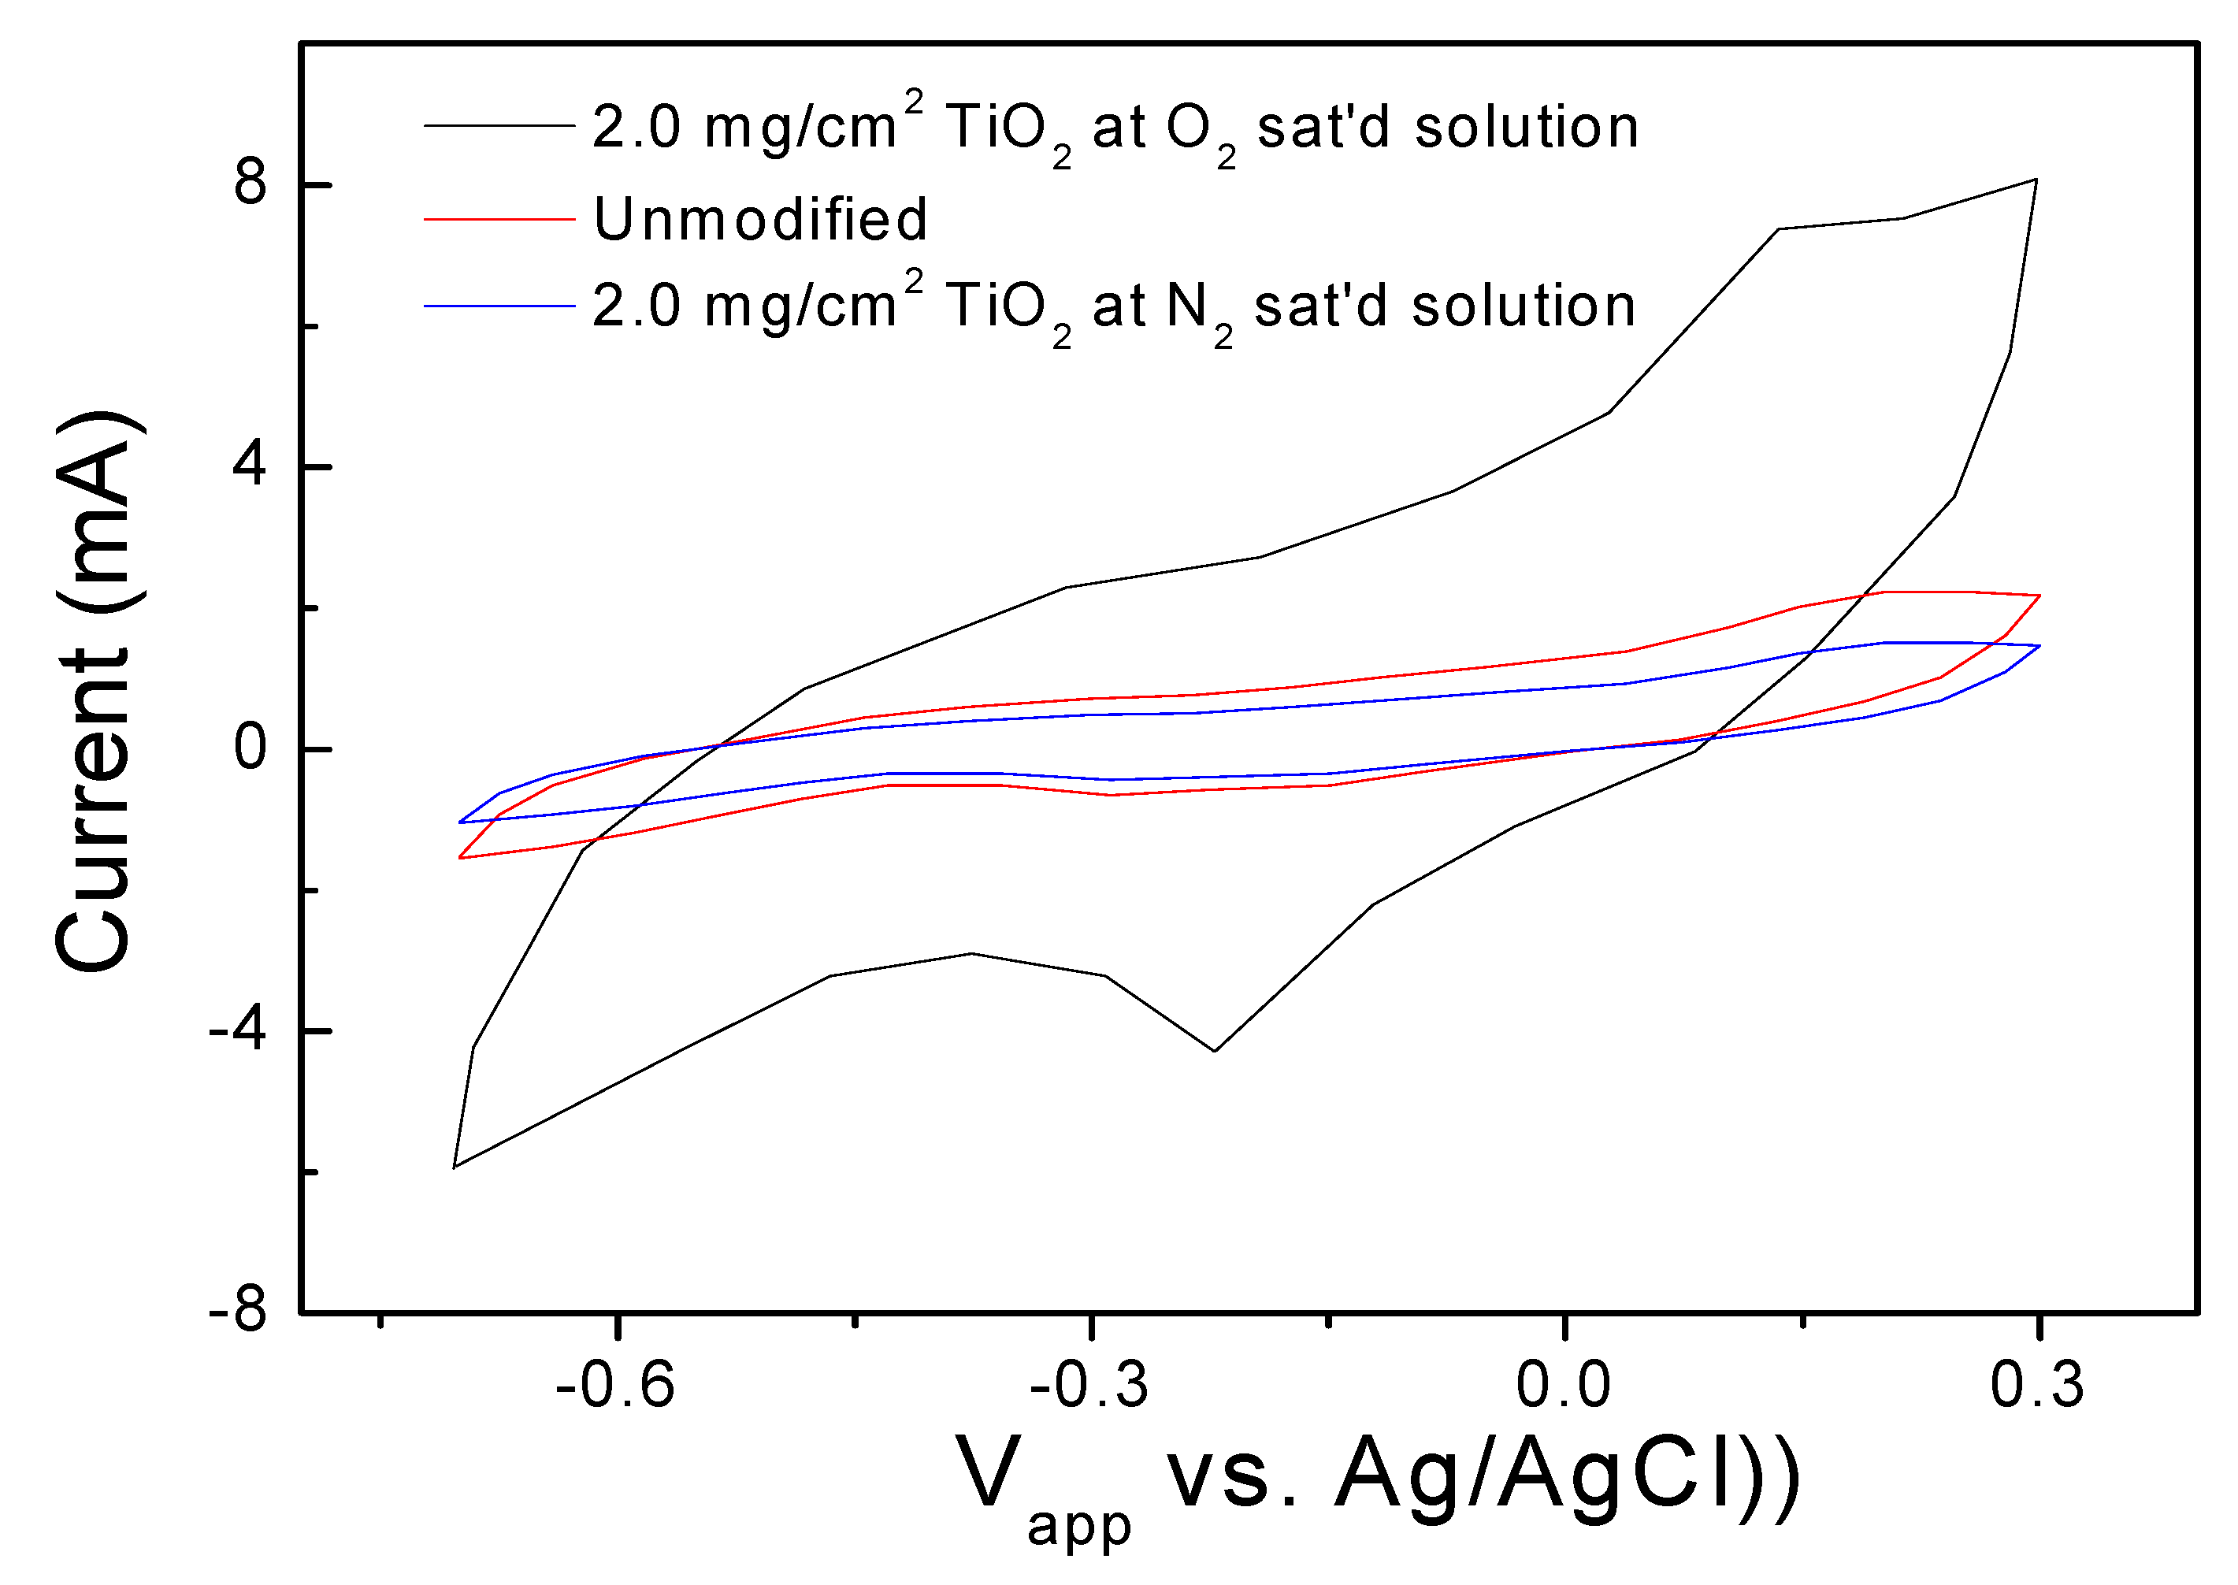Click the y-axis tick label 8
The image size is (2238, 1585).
click(250, 184)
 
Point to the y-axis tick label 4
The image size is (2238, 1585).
click(250, 466)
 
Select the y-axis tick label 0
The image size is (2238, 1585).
click(250, 748)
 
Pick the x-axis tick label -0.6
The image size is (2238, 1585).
click(615, 1385)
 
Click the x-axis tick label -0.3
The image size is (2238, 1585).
click(1089, 1385)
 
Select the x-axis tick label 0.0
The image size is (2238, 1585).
click(1563, 1385)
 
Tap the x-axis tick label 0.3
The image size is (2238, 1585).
click(2037, 1385)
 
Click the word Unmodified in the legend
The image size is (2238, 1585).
click(760, 219)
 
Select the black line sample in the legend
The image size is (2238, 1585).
click(499, 126)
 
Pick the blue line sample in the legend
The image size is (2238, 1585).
click(499, 306)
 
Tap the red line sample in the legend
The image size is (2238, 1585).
click(499, 220)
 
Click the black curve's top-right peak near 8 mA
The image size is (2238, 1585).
click(2035, 180)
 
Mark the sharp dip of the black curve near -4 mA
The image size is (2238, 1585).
click(1214, 1051)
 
